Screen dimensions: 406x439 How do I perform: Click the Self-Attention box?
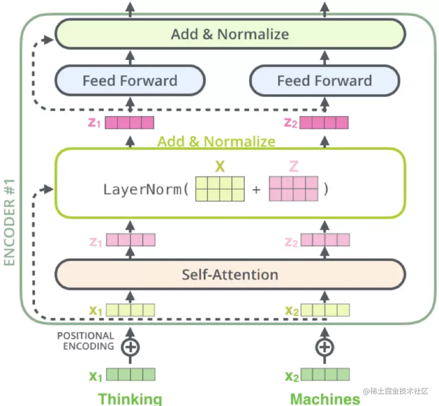click(x=230, y=274)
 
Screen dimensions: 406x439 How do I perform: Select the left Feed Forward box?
click(x=130, y=80)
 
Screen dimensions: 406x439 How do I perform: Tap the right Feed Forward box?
click(x=324, y=80)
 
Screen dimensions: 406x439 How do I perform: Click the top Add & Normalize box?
click(x=230, y=34)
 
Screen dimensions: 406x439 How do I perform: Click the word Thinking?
click(x=130, y=399)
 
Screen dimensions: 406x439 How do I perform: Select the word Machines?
click(x=325, y=399)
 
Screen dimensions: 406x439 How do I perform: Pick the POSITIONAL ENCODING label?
click(x=85, y=341)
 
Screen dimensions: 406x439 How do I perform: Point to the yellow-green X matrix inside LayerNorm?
click(x=220, y=189)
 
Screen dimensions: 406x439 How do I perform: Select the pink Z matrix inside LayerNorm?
click(x=293, y=189)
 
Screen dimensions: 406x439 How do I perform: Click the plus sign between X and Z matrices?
click(x=256, y=189)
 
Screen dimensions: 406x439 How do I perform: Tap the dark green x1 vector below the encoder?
click(x=130, y=374)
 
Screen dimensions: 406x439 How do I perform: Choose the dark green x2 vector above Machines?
click(x=325, y=374)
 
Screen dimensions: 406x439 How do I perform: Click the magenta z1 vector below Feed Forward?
click(x=129, y=122)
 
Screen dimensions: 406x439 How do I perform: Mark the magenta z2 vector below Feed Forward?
click(x=324, y=122)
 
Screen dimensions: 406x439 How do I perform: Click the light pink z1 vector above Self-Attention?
click(x=130, y=240)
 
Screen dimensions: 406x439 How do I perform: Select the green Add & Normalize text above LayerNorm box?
click(x=216, y=141)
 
